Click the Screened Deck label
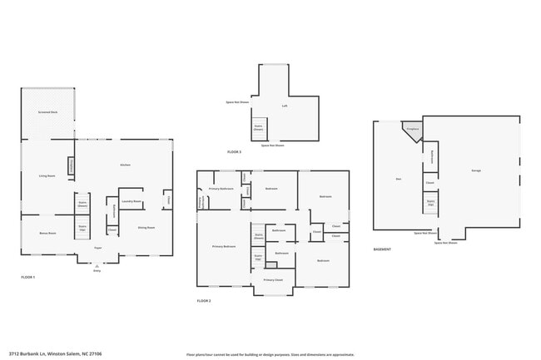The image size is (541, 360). pos(47,111)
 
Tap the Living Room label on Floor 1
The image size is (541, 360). pos(47,175)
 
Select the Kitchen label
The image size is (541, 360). pos(125,165)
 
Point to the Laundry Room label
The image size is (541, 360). pos(131,201)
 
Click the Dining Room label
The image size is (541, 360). pos(146,226)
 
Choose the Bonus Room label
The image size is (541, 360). pos(47,234)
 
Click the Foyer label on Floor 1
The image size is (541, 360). pos(97,248)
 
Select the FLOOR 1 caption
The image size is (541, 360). pos(28,277)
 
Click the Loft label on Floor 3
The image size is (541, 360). pos(285,106)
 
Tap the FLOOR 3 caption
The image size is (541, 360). pos(234,152)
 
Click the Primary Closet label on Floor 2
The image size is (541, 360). pos(274,280)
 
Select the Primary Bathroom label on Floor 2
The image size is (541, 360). pos(221,190)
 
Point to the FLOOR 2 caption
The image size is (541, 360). pos(204,300)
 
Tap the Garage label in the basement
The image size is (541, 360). pos(476,170)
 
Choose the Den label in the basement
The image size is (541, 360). pos(397,178)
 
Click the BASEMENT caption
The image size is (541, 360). pos(382,249)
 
